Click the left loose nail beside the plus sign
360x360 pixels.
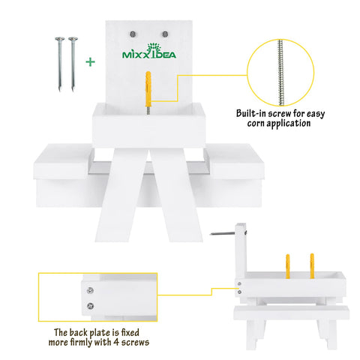click(x=60, y=64)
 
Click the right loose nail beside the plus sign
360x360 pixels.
click(x=73, y=64)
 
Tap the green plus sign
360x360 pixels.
click(x=90, y=62)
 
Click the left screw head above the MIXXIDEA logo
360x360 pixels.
click(x=133, y=34)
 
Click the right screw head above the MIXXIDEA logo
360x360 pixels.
click(x=165, y=34)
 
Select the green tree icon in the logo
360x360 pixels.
click(x=154, y=49)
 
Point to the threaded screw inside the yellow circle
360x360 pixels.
click(x=280, y=73)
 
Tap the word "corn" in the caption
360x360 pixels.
click(x=256, y=123)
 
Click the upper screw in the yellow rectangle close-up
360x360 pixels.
click(x=90, y=290)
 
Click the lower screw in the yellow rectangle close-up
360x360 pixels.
click(x=90, y=306)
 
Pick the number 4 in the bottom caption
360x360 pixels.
click(x=116, y=342)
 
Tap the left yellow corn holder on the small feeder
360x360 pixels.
click(x=288, y=266)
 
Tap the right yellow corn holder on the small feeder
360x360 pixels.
click(x=312, y=266)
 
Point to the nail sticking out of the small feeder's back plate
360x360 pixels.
click(x=223, y=233)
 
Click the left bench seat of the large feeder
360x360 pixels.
click(x=64, y=161)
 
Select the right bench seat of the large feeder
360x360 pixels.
click(x=235, y=161)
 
